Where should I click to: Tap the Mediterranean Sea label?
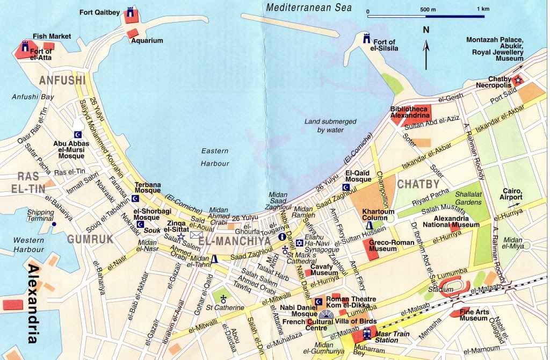308,8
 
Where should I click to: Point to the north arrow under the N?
426,55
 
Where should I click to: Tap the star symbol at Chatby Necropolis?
518,80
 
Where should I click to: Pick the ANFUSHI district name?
62,81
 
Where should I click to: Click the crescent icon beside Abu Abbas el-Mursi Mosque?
78,134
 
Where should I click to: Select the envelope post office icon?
195,235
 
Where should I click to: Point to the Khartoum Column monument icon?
369,226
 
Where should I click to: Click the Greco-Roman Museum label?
392,246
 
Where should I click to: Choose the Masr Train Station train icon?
367,332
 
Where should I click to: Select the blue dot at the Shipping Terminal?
54,224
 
